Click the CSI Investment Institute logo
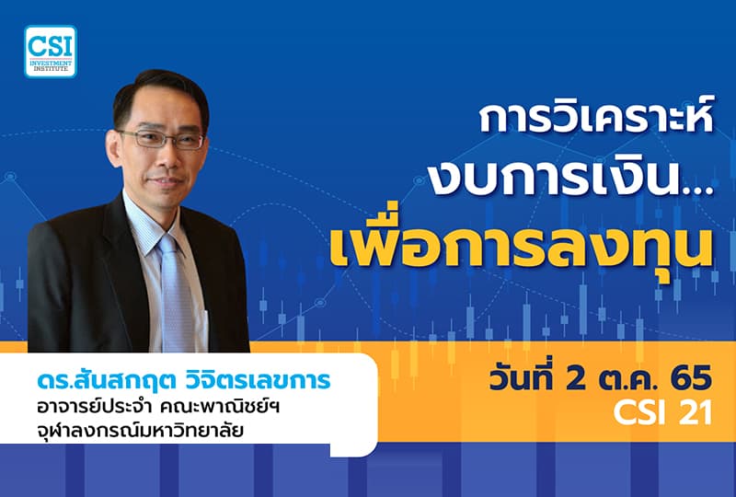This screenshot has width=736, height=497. (x=51, y=51)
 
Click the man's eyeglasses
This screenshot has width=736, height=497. (x=161, y=140)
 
